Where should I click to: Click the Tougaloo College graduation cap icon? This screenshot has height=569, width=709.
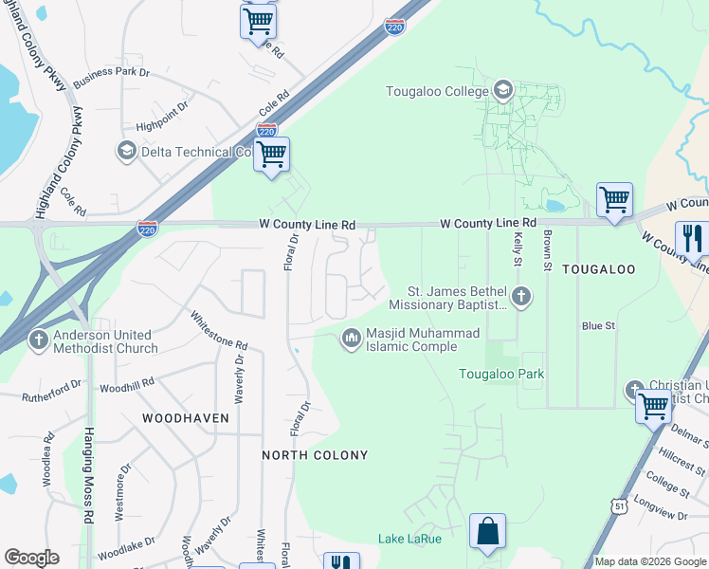tap(502, 91)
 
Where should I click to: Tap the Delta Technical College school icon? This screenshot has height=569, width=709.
tap(126, 151)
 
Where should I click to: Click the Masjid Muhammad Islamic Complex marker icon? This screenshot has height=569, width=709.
tap(352, 339)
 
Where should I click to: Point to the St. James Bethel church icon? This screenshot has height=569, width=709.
tap(520, 298)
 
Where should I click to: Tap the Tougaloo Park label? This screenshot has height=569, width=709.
tap(501, 374)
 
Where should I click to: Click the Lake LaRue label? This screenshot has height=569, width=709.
tap(409, 540)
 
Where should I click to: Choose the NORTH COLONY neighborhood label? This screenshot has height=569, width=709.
tap(315, 455)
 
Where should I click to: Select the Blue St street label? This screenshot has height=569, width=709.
tap(598, 325)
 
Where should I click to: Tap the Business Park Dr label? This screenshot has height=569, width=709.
tap(112, 76)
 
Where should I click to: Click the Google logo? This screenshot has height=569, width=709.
tap(31, 558)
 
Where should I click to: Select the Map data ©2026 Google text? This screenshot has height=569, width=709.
tap(649, 561)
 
